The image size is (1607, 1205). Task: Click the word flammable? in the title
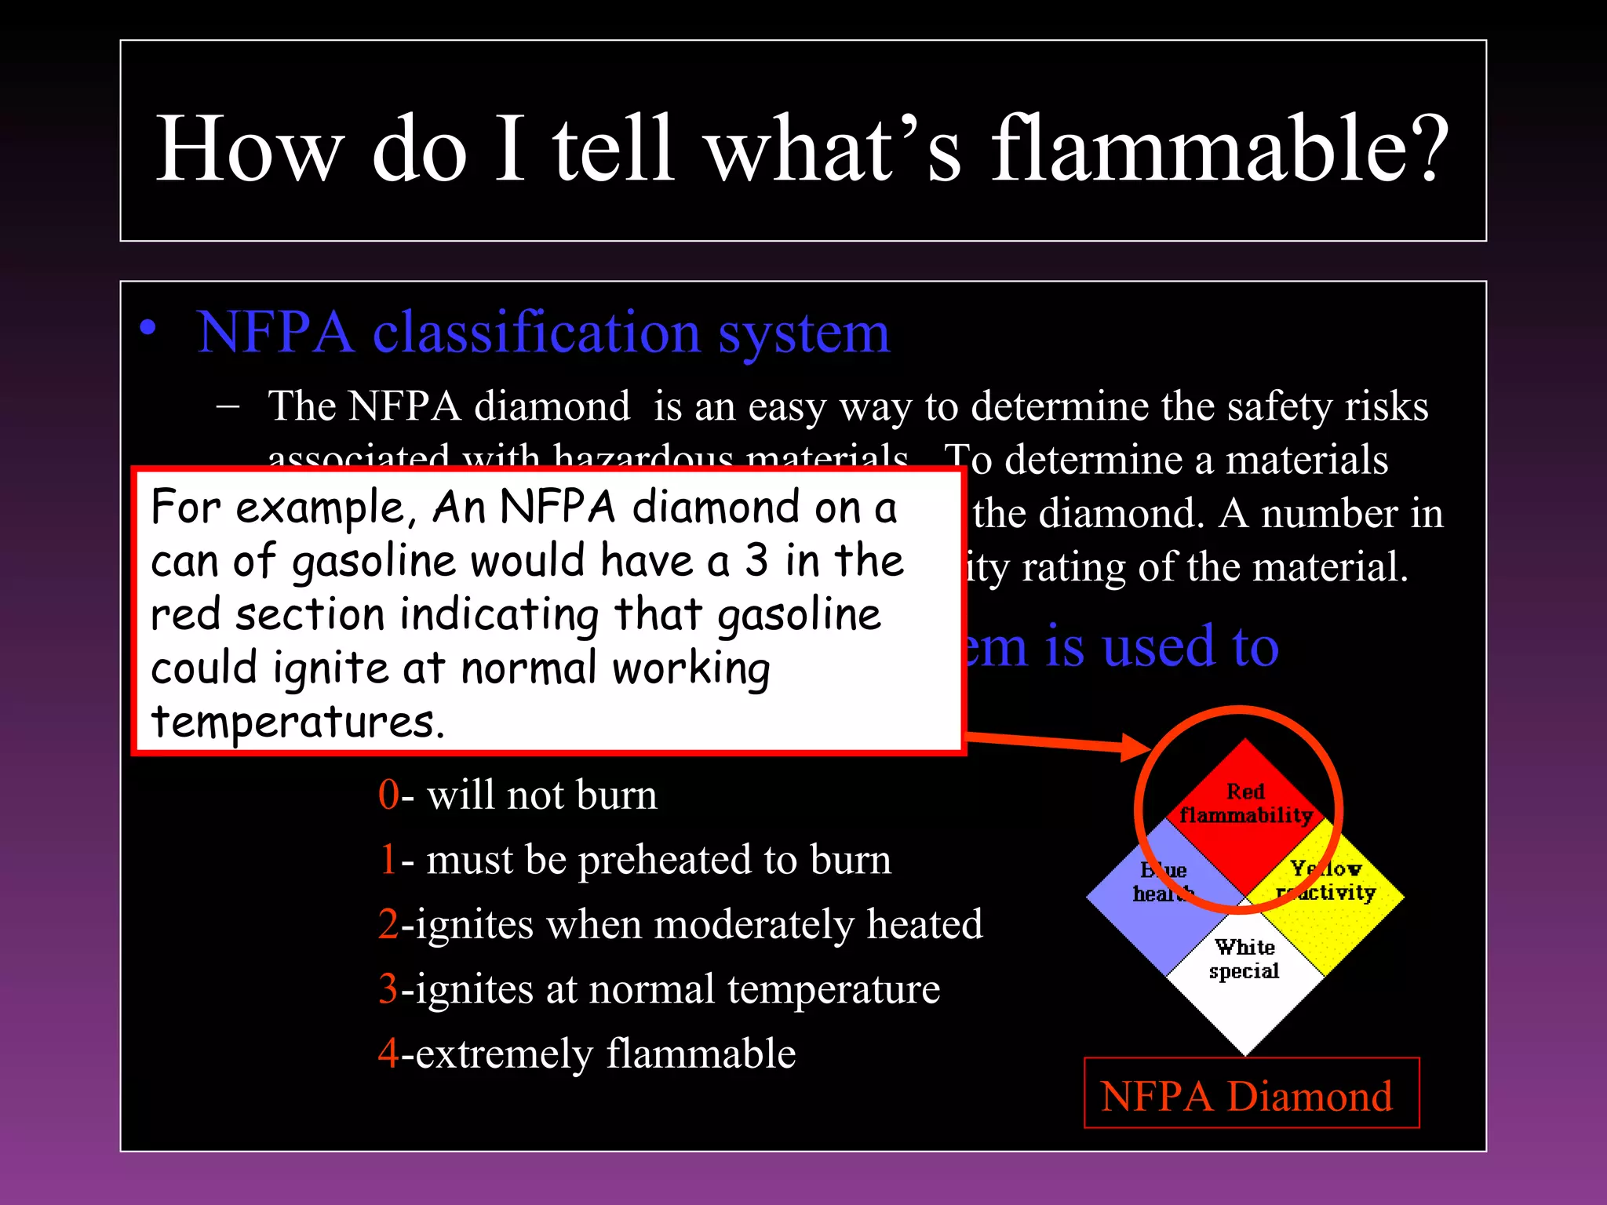point(1220,149)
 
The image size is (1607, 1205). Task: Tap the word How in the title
point(250,149)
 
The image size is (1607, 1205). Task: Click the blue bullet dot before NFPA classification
point(148,329)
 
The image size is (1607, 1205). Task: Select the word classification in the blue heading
point(536,333)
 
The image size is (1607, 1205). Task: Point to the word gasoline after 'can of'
point(374,562)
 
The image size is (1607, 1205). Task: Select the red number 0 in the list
point(388,795)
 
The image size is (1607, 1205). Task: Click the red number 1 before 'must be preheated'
point(388,860)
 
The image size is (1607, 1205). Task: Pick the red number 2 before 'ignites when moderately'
point(388,924)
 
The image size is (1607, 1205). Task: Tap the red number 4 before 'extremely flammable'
point(388,1054)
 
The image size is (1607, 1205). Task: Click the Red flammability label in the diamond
point(1245,803)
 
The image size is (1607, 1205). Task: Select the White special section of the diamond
point(1244,973)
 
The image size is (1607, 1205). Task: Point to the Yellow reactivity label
point(1326,880)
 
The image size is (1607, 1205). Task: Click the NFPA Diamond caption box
point(1251,1094)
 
